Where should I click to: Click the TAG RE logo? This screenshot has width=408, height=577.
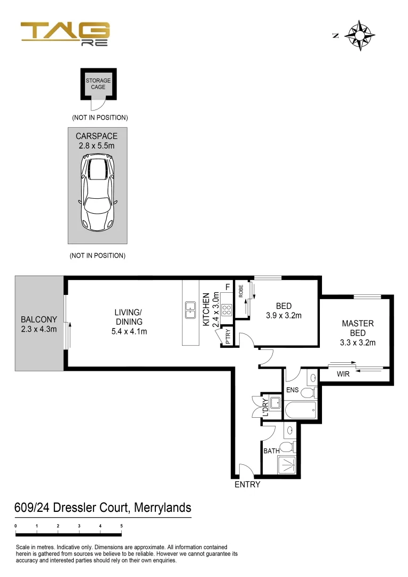point(65,34)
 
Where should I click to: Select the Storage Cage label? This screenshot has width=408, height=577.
point(98,84)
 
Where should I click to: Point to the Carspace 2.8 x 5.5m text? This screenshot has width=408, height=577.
point(97,141)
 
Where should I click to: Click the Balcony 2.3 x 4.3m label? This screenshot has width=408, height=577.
point(38,324)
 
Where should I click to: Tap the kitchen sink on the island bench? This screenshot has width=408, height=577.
point(190,309)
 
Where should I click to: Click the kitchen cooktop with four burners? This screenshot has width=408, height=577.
point(226,309)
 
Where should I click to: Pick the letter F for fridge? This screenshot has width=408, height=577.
point(227,287)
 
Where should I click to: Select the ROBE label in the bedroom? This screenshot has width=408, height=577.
point(241,291)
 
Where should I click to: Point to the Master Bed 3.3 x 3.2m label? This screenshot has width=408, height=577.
point(357,333)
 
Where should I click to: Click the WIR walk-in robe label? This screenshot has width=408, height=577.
point(343,375)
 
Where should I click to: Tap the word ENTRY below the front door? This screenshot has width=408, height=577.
point(247,485)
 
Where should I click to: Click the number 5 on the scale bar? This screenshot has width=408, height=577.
point(121,526)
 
